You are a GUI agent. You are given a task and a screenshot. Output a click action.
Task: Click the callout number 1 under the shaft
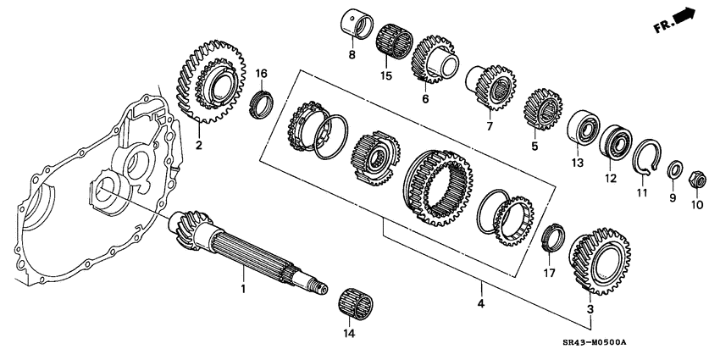[242, 290]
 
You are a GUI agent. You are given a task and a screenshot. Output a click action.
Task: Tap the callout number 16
[261, 73]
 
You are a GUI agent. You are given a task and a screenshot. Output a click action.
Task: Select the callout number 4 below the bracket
[480, 303]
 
